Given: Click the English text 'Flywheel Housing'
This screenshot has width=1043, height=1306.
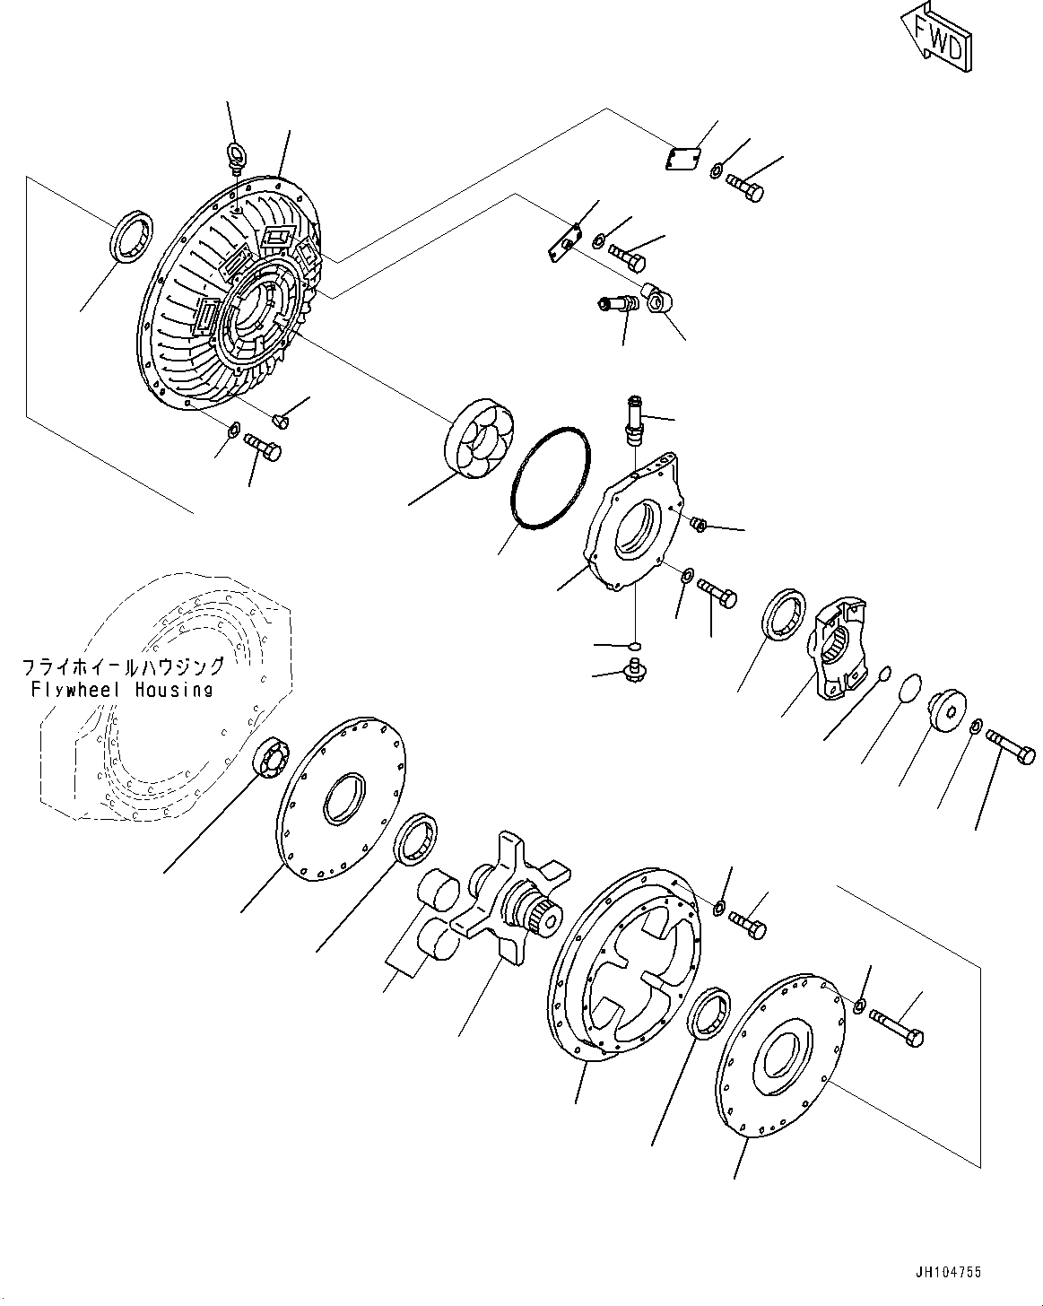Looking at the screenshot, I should (x=123, y=689).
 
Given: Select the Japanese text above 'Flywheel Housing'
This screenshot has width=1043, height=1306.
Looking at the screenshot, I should (x=123, y=667).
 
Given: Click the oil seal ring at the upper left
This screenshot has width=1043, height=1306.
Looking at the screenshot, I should (x=132, y=235).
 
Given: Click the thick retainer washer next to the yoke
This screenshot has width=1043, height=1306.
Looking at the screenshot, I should (x=945, y=712).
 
